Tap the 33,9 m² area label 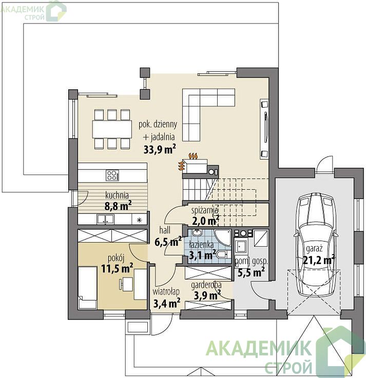pos(160,149)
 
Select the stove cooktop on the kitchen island pos(112,175)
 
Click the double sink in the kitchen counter pos(105,220)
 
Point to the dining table pos(112,129)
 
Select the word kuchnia pos(117,195)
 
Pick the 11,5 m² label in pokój pos(117,268)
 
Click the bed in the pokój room pos(88,288)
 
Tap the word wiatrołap pos(166,292)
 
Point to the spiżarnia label pos(205,210)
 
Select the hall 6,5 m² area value pos(168,241)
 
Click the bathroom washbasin pos(197,233)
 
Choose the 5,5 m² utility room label pos(251,272)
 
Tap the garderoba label pos(206,285)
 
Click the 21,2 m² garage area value pos(318,260)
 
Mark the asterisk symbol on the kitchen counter pos(139,220)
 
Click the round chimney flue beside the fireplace pos(212,172)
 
